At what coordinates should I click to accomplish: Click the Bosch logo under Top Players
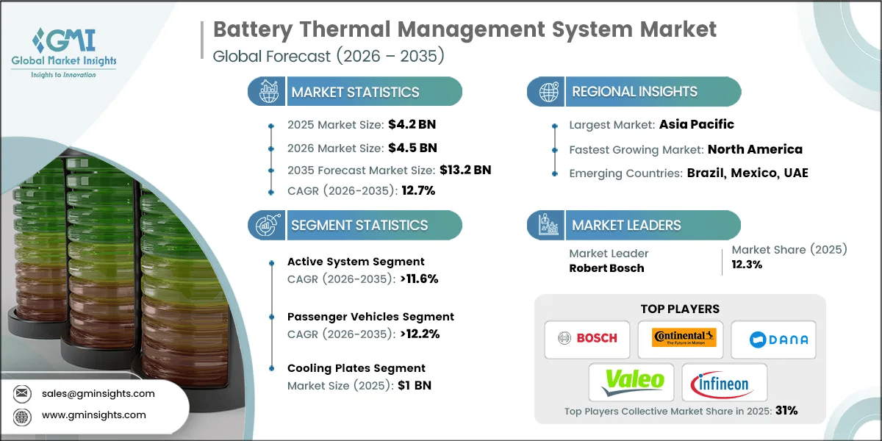[587, 339]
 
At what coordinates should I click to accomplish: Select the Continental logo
[680, 339]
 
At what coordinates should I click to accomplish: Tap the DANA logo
[773, 339]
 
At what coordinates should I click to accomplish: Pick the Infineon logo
[724, 381]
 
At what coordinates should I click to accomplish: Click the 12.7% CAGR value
[415, 190]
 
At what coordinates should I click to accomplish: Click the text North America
[755, 149]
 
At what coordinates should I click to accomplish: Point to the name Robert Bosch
[606, 268]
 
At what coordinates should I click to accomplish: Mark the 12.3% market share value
[747, 265]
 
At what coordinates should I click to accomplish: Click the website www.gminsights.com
[94, 415]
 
